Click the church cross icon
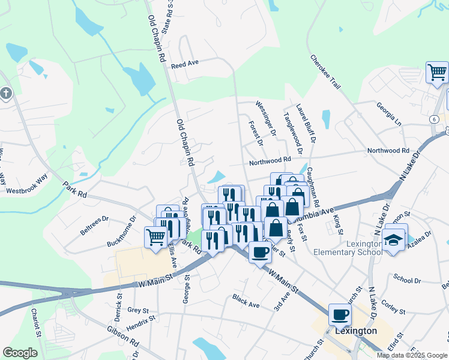coord(5,94)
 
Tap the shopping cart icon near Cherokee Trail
coord(437,72)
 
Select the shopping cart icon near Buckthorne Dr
coord(156,236)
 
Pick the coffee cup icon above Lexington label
coord(340,314)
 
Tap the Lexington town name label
coord(356,331)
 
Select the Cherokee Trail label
coord(325,72)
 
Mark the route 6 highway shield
coord(433,119)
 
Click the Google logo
coord(20,353)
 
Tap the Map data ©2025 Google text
coord(412,355)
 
